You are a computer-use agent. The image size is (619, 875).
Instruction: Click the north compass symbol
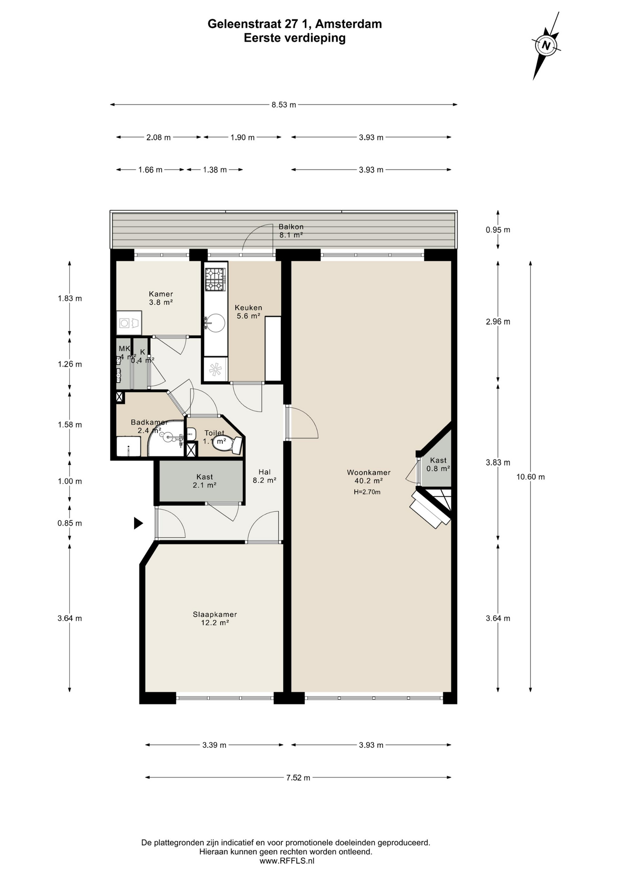(x=546, y=46)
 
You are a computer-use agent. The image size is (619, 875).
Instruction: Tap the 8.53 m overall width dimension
(x=284, y=105)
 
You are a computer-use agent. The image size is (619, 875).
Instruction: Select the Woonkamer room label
(x=368, y=473)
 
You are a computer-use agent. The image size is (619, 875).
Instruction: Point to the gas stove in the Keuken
(x=215, y=279)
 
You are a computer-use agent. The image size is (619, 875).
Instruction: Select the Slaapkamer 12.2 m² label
(x=215, y=618)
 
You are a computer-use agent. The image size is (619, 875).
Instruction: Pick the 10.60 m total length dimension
(x=530, y=477)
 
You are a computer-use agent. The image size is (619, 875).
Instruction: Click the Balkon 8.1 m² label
(x=291, y=231)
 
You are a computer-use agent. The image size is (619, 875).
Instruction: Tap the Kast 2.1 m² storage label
(x=204, y=481)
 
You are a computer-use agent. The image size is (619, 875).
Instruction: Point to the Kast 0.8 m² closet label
(x=438, y=464)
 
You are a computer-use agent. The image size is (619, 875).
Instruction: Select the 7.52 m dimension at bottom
(x=298, y=778)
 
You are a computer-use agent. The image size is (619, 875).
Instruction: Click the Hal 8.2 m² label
(x=264, y=476)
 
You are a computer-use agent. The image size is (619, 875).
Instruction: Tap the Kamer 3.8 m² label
(x=160, y=298)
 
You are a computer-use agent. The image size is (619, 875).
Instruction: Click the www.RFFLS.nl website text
(x=286, y=861)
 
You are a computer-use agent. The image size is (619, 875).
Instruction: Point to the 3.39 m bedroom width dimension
(x=214, y=745)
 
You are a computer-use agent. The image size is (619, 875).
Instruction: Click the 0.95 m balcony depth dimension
(x=498, y=230)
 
